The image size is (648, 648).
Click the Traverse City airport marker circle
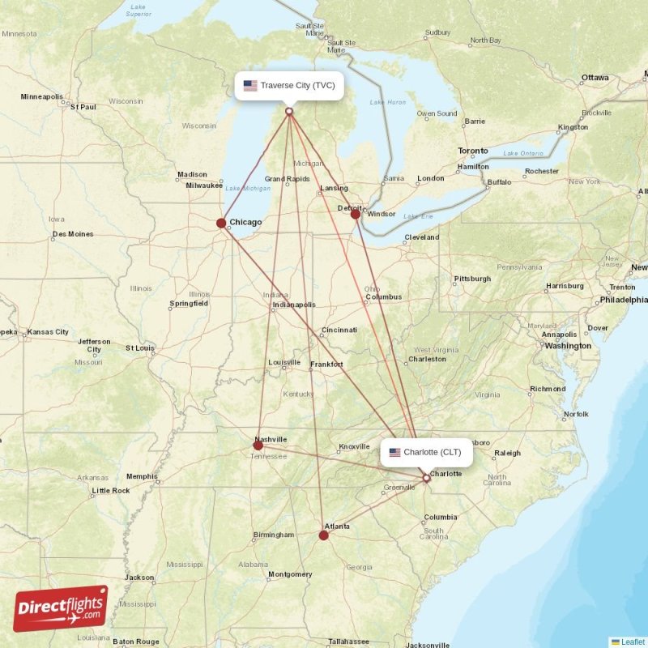[x=289, y=111]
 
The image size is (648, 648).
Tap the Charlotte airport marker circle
[x=427, y=478]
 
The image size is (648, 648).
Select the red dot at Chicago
[x=221, y=223]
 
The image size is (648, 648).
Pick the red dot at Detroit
[x=355, y=214]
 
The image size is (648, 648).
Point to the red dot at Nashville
[x=258, y=445]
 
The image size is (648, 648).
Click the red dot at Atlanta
[x=324, y=535]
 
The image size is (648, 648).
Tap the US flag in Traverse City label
[x=250, y=85]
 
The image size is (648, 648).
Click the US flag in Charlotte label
[x=395, y=452]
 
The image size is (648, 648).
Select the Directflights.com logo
[x=61, y=608]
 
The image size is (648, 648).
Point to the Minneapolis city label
[x=41, y=97]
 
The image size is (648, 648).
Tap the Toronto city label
[x=473, y=151]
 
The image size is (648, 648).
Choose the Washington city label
[x=568, y=346]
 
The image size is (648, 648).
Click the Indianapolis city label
[x=293, y=305]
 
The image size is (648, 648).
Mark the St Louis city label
[x=139, y=348]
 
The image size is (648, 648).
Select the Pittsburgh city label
[x=472, y=279]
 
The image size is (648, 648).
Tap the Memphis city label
[x=142, y=476]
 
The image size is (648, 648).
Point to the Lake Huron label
[x=387, y=102]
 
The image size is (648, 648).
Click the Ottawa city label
[x=595, y=78]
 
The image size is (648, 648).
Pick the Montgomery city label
[x=289, y=574]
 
